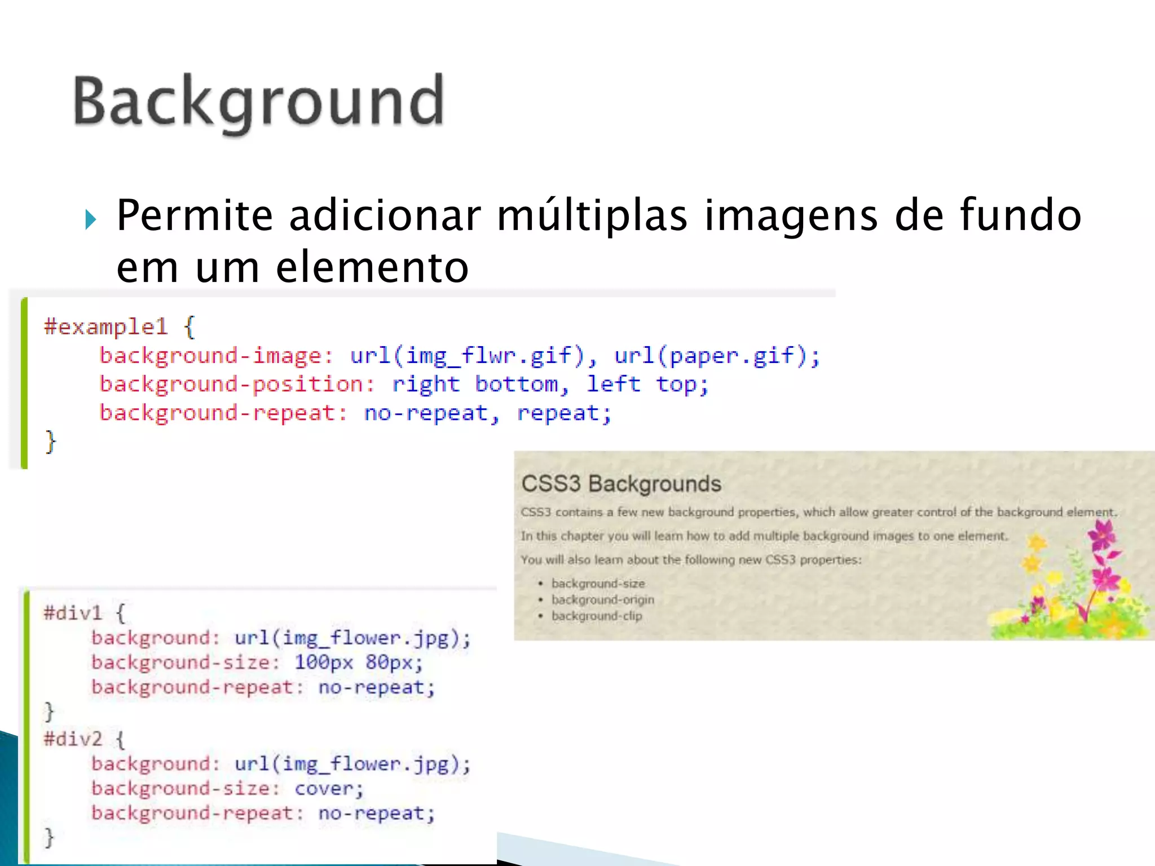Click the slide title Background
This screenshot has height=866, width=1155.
(x=259, y=102)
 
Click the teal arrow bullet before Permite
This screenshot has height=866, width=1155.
(x=90, y=219)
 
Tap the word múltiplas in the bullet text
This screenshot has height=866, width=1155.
(x=592, y=216)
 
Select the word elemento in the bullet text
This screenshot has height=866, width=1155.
(x=372, y=267)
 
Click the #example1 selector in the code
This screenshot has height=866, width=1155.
(x=106, y=326)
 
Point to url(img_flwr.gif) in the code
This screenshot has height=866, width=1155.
(x=468, y=356)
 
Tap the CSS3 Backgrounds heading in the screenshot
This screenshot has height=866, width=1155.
(x=621, y=484)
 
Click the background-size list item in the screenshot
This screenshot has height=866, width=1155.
(x=598, y=584)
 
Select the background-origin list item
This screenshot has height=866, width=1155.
(x=602, y=600)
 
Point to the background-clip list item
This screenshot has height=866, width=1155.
(x=597, y=616)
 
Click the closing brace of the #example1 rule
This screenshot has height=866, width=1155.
(x=51, y=441)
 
